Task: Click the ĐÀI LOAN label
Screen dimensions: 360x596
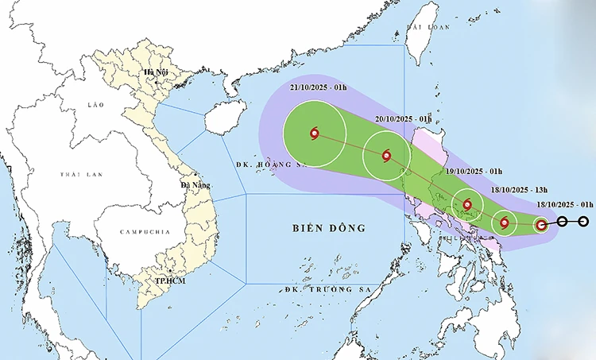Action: (423, 27)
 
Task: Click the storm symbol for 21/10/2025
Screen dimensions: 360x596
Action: (315, 134)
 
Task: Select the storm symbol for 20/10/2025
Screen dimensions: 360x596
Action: (386, 156)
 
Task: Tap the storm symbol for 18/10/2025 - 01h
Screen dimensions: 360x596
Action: (541, 225)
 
